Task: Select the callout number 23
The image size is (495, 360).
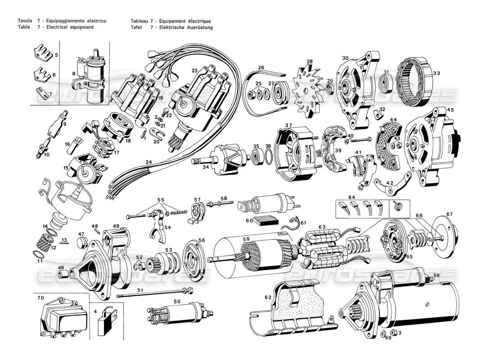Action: (x=194, y=71)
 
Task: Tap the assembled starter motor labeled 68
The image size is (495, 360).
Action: (x=405, y=306)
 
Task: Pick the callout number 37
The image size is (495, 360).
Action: (x=288, y=125)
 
